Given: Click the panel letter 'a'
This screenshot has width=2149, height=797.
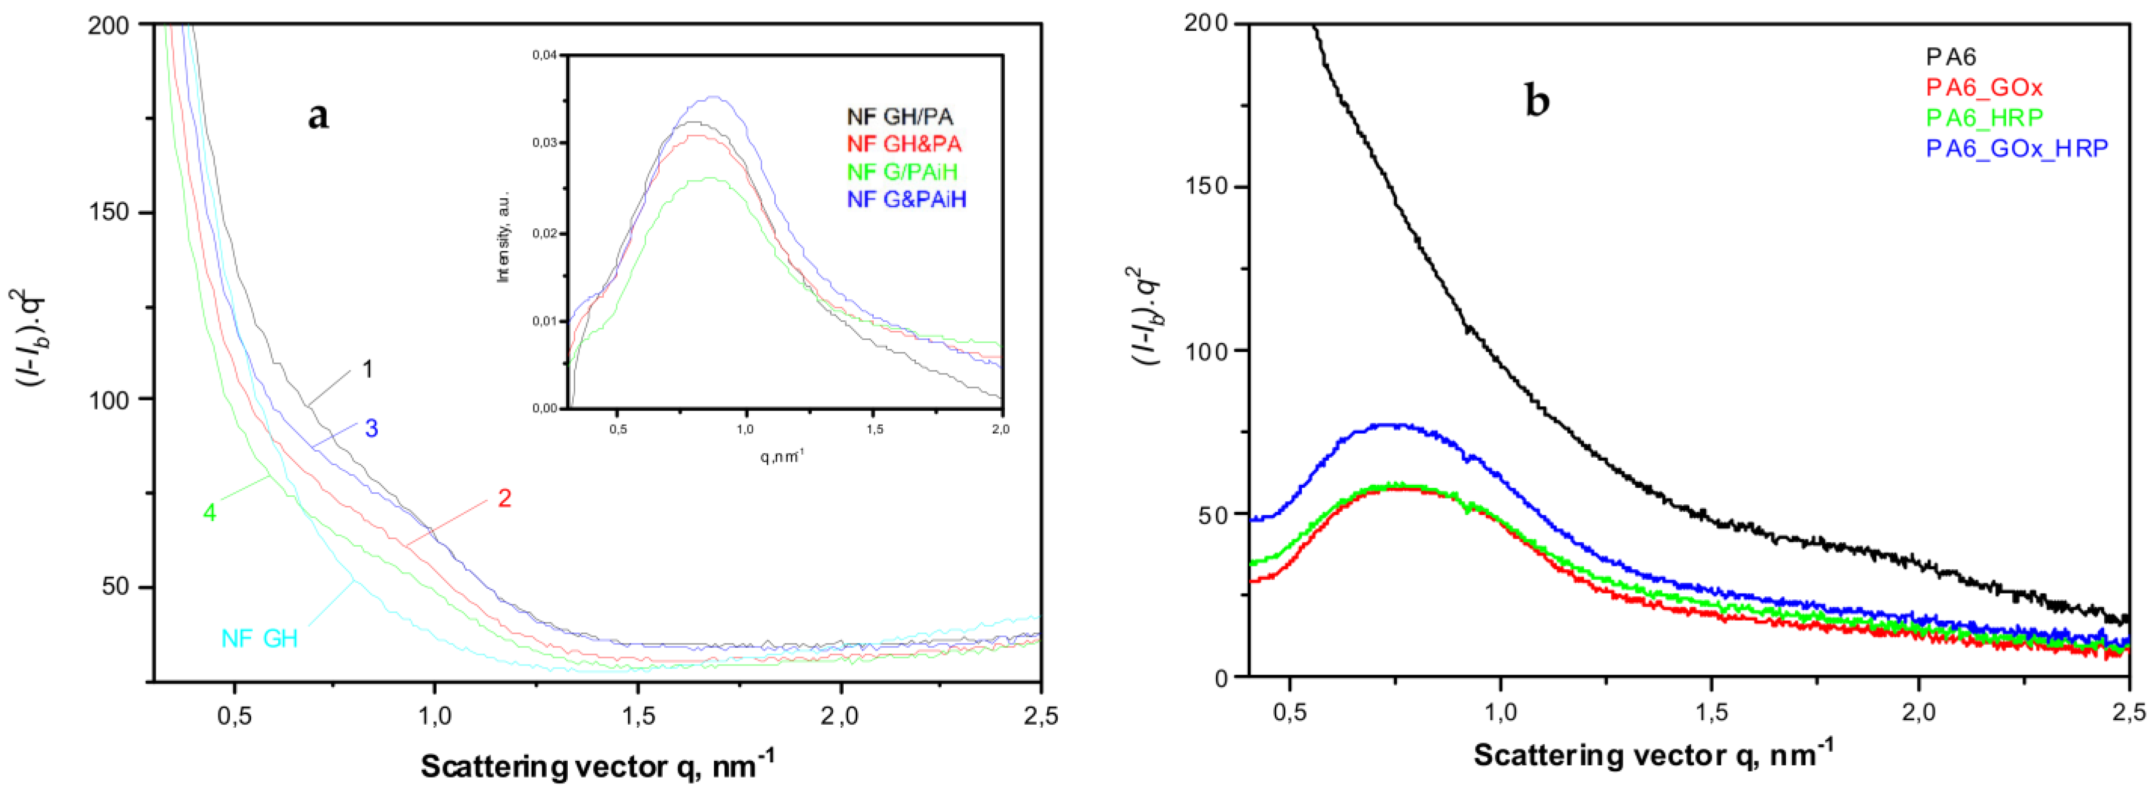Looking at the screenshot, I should (x=318, y=116).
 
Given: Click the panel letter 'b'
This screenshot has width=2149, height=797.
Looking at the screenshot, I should (x=1536, y=102).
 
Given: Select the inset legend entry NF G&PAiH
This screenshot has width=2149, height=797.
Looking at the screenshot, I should (x=907, y=199).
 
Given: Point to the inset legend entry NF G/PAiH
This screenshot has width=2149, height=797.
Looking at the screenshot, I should (x=902, y=172).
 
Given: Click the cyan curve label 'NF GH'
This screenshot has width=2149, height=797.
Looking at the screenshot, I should (x=259, y=638).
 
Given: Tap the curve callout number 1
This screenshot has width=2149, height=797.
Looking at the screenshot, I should (x=367, y=368).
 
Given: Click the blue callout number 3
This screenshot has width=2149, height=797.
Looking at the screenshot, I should (x=371, y=429).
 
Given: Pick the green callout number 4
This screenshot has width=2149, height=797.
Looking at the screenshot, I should (x=210, y=513).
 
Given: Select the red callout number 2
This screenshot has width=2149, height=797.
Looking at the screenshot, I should (x=504, y=498).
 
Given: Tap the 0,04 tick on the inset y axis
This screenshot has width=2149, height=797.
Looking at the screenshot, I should (x=544, y=55).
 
